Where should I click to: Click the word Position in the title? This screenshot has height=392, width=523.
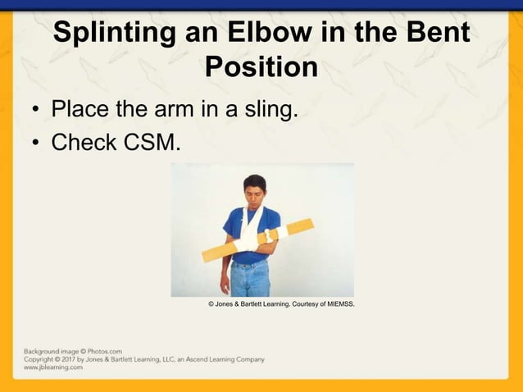click(261, 67)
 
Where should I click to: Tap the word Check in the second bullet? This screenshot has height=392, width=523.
click(84, 143)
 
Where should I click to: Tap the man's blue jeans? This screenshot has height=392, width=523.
click(249, 278)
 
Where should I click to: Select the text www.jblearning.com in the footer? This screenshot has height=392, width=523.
click(53, 367)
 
